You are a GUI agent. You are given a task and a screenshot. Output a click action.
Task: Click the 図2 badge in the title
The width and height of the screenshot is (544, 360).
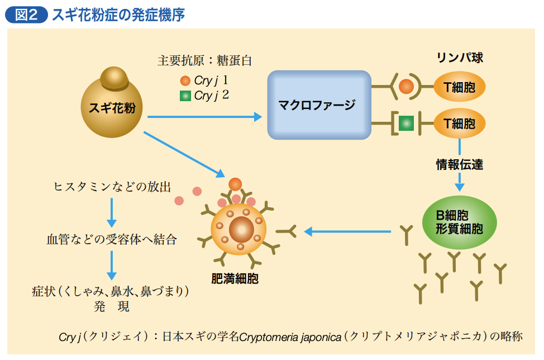click(26, 15)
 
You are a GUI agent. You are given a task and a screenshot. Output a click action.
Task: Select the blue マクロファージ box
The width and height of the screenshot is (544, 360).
click(319, 105)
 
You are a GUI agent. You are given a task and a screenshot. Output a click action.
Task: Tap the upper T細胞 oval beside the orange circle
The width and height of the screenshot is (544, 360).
click(459, 87)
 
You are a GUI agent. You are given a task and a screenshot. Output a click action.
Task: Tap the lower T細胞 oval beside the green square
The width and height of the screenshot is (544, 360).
click(459, 123)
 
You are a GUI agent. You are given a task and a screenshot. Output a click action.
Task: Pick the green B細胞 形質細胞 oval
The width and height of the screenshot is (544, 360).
click(459, 222)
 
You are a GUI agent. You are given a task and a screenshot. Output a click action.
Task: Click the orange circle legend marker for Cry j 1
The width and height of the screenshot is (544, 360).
click(185, 80)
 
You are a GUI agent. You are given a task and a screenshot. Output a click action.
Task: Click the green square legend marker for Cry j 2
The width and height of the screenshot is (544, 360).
click(185, 96)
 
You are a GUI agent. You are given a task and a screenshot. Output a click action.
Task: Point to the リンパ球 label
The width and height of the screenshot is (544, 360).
click(460, 57)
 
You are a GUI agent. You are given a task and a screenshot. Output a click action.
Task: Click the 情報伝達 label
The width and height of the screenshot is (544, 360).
click(460, 164)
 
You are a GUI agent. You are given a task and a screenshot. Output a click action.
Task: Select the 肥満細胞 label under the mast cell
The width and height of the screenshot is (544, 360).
click(235, 278)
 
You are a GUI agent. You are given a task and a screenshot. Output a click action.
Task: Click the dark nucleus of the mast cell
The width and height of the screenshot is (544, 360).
click(241, 229)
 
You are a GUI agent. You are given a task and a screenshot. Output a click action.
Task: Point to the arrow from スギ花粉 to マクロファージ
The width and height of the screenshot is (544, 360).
click(204, 117)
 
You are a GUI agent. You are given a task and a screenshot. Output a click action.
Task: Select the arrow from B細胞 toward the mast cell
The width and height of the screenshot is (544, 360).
click(347, 231)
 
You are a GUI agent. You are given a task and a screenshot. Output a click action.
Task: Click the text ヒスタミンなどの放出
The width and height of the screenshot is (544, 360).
click(112, 187)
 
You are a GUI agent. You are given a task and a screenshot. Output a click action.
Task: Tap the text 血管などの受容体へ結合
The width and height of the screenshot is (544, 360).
click(112, 239)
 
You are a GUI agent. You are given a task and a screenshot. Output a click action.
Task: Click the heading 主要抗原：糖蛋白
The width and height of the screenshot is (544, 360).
click(204, 61)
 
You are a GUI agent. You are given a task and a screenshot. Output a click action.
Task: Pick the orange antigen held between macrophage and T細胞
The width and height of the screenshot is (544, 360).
click(406, 87)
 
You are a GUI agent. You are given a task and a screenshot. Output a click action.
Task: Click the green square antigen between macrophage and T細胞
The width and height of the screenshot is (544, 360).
click(406, 123)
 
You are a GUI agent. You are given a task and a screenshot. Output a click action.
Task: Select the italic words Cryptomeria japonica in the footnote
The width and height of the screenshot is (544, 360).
click(290, 337)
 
